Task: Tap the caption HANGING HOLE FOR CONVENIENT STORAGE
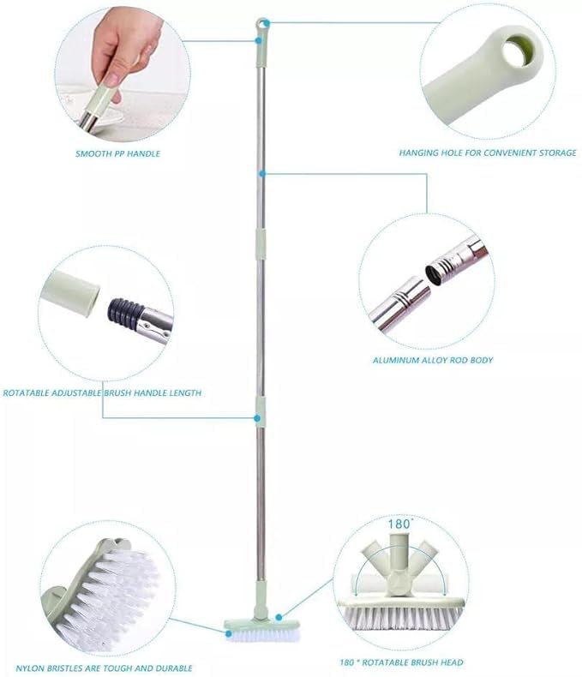487,153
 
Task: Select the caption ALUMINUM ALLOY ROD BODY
432,360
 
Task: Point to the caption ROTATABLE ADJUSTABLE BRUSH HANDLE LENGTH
102,393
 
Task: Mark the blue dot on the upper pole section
261,174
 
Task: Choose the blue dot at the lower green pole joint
256,417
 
